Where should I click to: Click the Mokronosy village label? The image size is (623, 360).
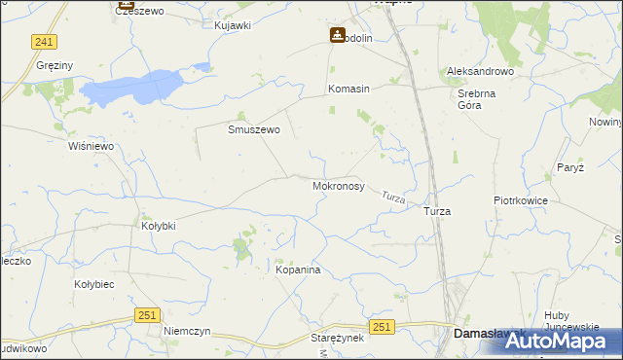point(338,185)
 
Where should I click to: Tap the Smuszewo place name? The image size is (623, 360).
point(254,128)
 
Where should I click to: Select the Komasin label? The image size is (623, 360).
point(348,89)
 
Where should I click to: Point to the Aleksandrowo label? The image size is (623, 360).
point(480,72)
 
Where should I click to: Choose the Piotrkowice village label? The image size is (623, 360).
point(521,200)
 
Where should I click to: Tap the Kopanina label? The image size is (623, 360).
point(298,270)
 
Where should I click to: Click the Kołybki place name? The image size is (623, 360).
point(159,226)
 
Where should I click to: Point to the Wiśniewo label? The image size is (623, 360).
point(92,146)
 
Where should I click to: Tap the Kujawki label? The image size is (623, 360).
point(233,24)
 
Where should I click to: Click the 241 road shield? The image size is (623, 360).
point(44,42)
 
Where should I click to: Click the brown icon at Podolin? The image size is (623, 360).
point(337,35)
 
